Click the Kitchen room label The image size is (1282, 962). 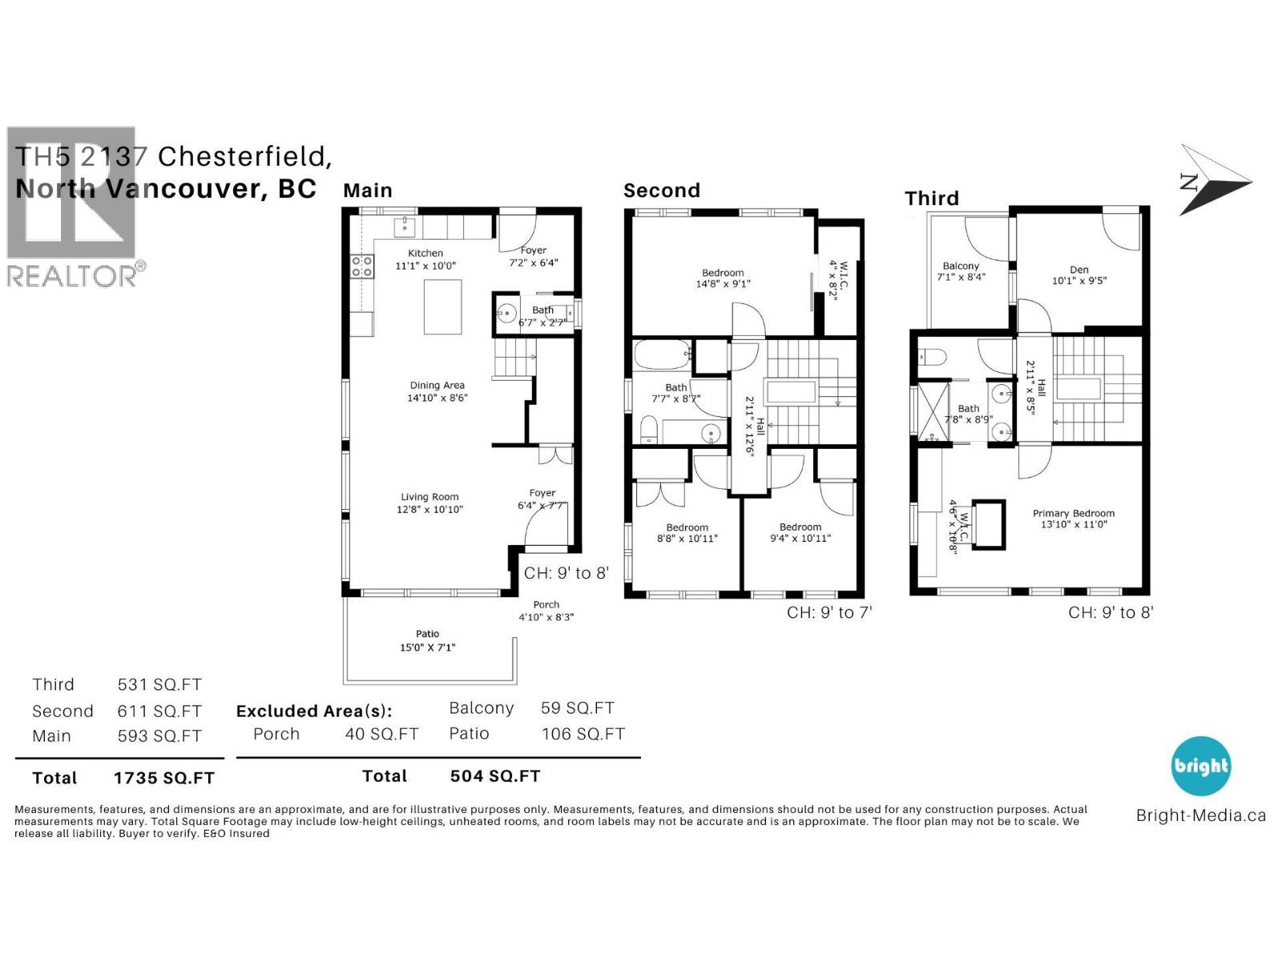point(425,253)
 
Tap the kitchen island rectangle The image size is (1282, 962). point(442,307)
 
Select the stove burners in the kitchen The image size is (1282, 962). point(362,266)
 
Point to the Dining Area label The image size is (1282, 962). point(437,386)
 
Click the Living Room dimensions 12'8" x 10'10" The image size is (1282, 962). point(430,509)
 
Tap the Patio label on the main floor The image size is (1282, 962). point(427,634)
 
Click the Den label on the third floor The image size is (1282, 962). point(1078,270)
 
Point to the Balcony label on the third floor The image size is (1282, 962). point(961,266)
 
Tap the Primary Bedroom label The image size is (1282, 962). point(1073,514)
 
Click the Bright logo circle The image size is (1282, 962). point(1200,766)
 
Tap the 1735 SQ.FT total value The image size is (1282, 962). point(163,778)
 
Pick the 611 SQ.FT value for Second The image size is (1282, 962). point(159,712)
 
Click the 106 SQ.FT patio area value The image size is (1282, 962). point(583,734)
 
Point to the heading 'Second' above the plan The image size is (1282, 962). point(662,191)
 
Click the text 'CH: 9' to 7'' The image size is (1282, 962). point(828,613)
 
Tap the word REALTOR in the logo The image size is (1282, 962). point(72,277)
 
